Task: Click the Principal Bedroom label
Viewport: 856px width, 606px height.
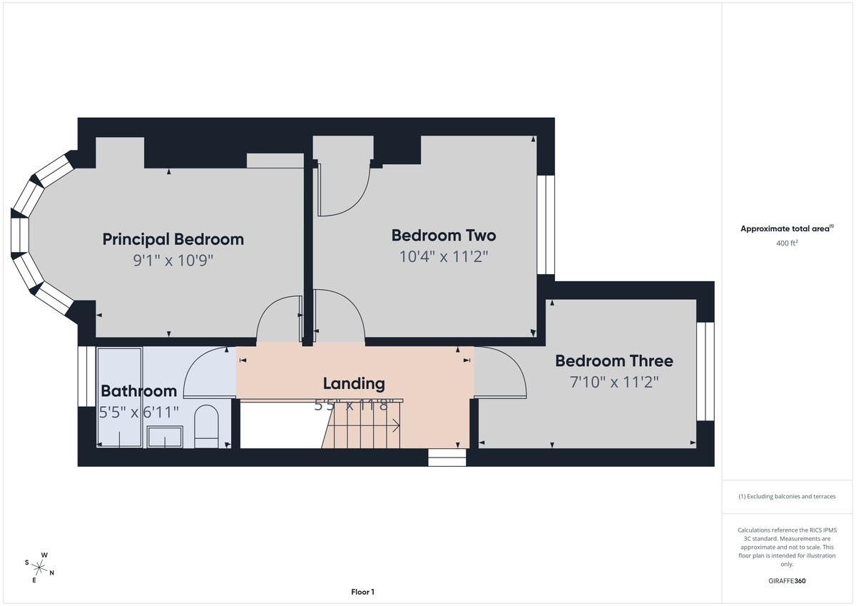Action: coord(173,240)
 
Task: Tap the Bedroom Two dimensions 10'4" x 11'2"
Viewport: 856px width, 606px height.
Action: coord(444,256)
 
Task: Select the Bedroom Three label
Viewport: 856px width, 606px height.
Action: coord(614,361)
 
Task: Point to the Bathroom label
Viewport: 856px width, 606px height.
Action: coord(138,391)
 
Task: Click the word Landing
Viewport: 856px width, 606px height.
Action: coord(354,384)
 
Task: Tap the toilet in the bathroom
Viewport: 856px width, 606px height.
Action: coord(206,426)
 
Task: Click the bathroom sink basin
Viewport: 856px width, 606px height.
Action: coord(165,437)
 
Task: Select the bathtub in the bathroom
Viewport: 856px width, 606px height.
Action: coord(120,398)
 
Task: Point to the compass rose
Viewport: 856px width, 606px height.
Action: coord(39,567)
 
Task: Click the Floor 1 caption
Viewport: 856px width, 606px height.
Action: coord(362,592)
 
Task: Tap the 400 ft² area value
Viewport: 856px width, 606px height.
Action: coord(787,243)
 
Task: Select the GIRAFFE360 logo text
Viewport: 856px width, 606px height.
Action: coord(787,581)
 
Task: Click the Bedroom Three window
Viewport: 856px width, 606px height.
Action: coord(705,371)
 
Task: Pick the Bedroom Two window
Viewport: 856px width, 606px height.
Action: coord(546,225)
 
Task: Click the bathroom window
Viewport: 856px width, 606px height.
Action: coord(87,376)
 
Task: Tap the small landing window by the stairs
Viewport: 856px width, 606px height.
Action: coord(447,458)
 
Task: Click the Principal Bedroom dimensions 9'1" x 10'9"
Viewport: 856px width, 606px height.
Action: coord(173,261)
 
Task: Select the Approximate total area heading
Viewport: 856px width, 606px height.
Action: coord(787,228)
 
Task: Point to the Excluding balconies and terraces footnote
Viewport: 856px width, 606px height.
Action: coord(787,496)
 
